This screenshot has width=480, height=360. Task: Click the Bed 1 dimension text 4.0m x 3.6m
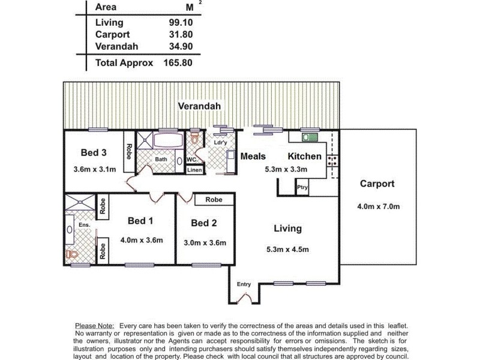tap(142, 241)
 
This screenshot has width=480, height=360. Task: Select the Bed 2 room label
tap(204, 223)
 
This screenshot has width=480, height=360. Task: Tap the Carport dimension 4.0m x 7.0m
tap(379, 207)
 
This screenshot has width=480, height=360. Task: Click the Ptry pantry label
tap(302, 188)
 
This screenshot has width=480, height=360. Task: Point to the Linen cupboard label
tap(194, 170)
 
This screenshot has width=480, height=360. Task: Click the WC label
tap(191, 160)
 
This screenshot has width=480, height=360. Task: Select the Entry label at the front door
tap(244, 284)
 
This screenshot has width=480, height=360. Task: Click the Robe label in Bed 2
tap(214, 200)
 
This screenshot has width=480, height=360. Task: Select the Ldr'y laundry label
tap(220, 142)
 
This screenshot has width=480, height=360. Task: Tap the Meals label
tap(253, 157)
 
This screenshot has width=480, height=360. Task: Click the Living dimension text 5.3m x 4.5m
tap(287, 250)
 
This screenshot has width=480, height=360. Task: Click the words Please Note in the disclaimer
tap(94, 325)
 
